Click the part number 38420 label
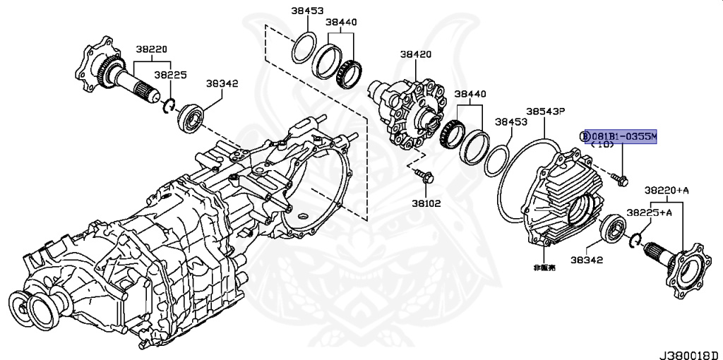point(416,54)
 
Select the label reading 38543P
point(545,112)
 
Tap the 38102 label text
point(426,203)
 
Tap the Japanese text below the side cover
point(545,268)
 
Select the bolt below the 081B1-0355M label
point(621,181)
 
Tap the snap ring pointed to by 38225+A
point(635,239)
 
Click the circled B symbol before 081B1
point(585,136)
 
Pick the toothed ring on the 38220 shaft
point(109,70)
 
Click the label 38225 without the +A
point(171,74)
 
